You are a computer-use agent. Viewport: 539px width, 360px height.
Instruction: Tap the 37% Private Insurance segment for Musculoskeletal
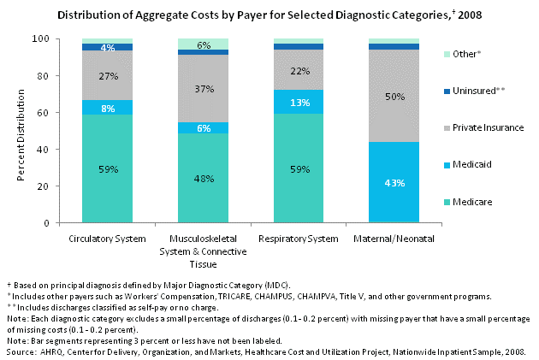pyautogui.click(x=202, y=90)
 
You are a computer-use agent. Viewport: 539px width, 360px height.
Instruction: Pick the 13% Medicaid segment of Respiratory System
pyautogui.click(x=298, y=102)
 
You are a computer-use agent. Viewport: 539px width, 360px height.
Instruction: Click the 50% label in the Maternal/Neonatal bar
pyautogui.click(x=394, y=97)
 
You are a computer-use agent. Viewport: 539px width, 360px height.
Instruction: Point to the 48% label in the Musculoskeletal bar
pyautogui.click(x=202, y=180)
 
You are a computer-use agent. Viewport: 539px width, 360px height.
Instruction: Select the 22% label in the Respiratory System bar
pyautogui.click(x=298, y=70)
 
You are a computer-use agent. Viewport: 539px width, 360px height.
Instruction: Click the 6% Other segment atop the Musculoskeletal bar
pyautogui.click(x=202, y=44)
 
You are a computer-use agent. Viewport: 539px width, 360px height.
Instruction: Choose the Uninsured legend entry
pyautogui.click(x=477, y=90)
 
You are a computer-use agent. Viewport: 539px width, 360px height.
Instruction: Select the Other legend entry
pyautogui.click(x=469, y=53)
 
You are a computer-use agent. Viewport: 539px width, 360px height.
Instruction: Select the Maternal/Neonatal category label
pyautogui.click(x=394, y=237)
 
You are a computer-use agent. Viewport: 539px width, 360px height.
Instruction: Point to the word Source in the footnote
pyautogui.click(x=19, y=350)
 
